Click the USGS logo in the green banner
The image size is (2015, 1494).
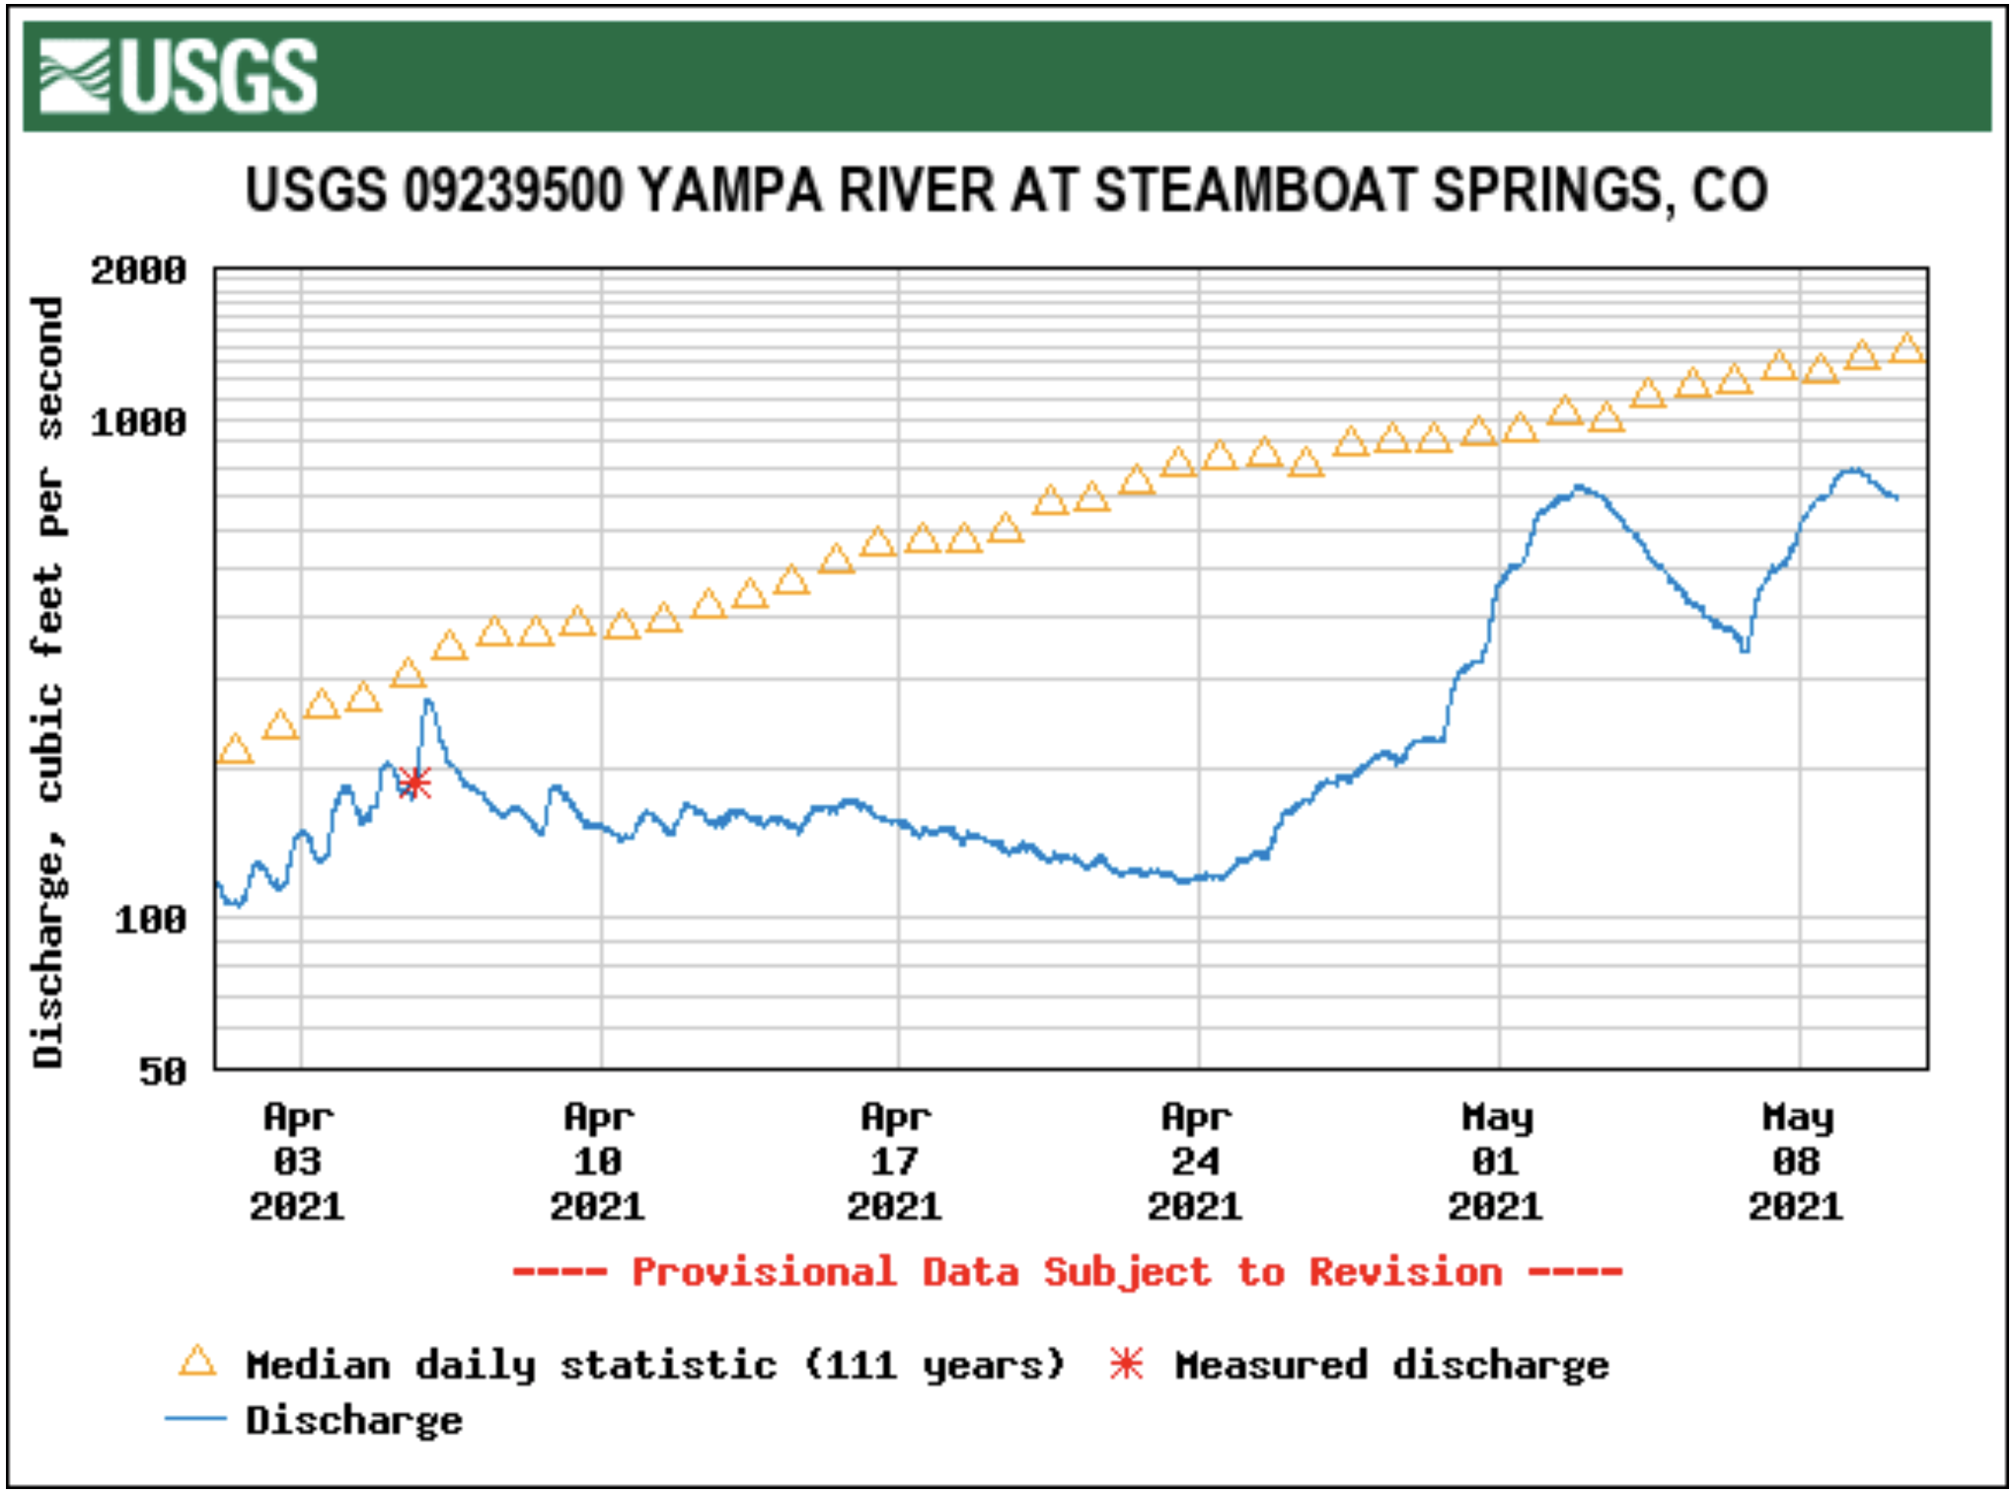pos(178,76)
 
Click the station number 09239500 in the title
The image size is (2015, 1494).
pos(513,189)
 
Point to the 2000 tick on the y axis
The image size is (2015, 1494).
pos(138,270)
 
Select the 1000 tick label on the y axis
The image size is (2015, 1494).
pos(138,422)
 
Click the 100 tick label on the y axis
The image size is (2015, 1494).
pos(150,921)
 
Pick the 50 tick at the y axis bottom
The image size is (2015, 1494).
pos(162,1072)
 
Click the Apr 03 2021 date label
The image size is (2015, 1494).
pos(297,1161)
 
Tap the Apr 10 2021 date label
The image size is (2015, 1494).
pos(598,1161)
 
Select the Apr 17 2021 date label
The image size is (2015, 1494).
pos(895,1161)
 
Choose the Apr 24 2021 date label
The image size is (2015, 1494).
pos(1196,1161)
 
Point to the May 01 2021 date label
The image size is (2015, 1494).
pos(1496,1161)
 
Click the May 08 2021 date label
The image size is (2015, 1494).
pos(1797,1161)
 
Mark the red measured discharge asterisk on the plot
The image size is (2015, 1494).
pos(414,784)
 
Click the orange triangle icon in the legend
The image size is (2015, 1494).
pos(197,1362)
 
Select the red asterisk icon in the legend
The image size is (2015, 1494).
pos(1126,1364)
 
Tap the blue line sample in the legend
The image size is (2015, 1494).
pos(195,1419)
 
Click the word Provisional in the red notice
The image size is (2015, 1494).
pos(764,1272)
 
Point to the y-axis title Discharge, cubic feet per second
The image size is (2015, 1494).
pos(47,681)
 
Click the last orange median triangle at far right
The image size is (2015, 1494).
pos(1907,349)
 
